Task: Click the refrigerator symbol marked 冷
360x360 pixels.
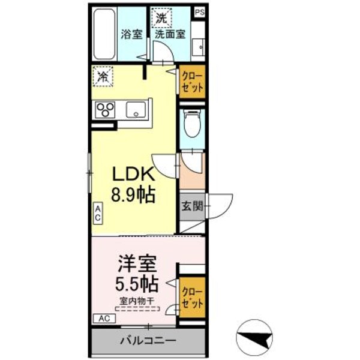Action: coord(103,76)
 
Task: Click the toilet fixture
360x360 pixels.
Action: coord(192,125)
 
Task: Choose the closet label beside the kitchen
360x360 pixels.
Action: coord(193,82)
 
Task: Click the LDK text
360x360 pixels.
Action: coord(134,174)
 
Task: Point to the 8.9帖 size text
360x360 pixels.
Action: coord(134,195)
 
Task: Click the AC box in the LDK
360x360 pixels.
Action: coord(97,213)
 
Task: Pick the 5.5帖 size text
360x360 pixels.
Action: coord(137,283)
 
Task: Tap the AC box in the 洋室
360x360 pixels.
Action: coord(103,318)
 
